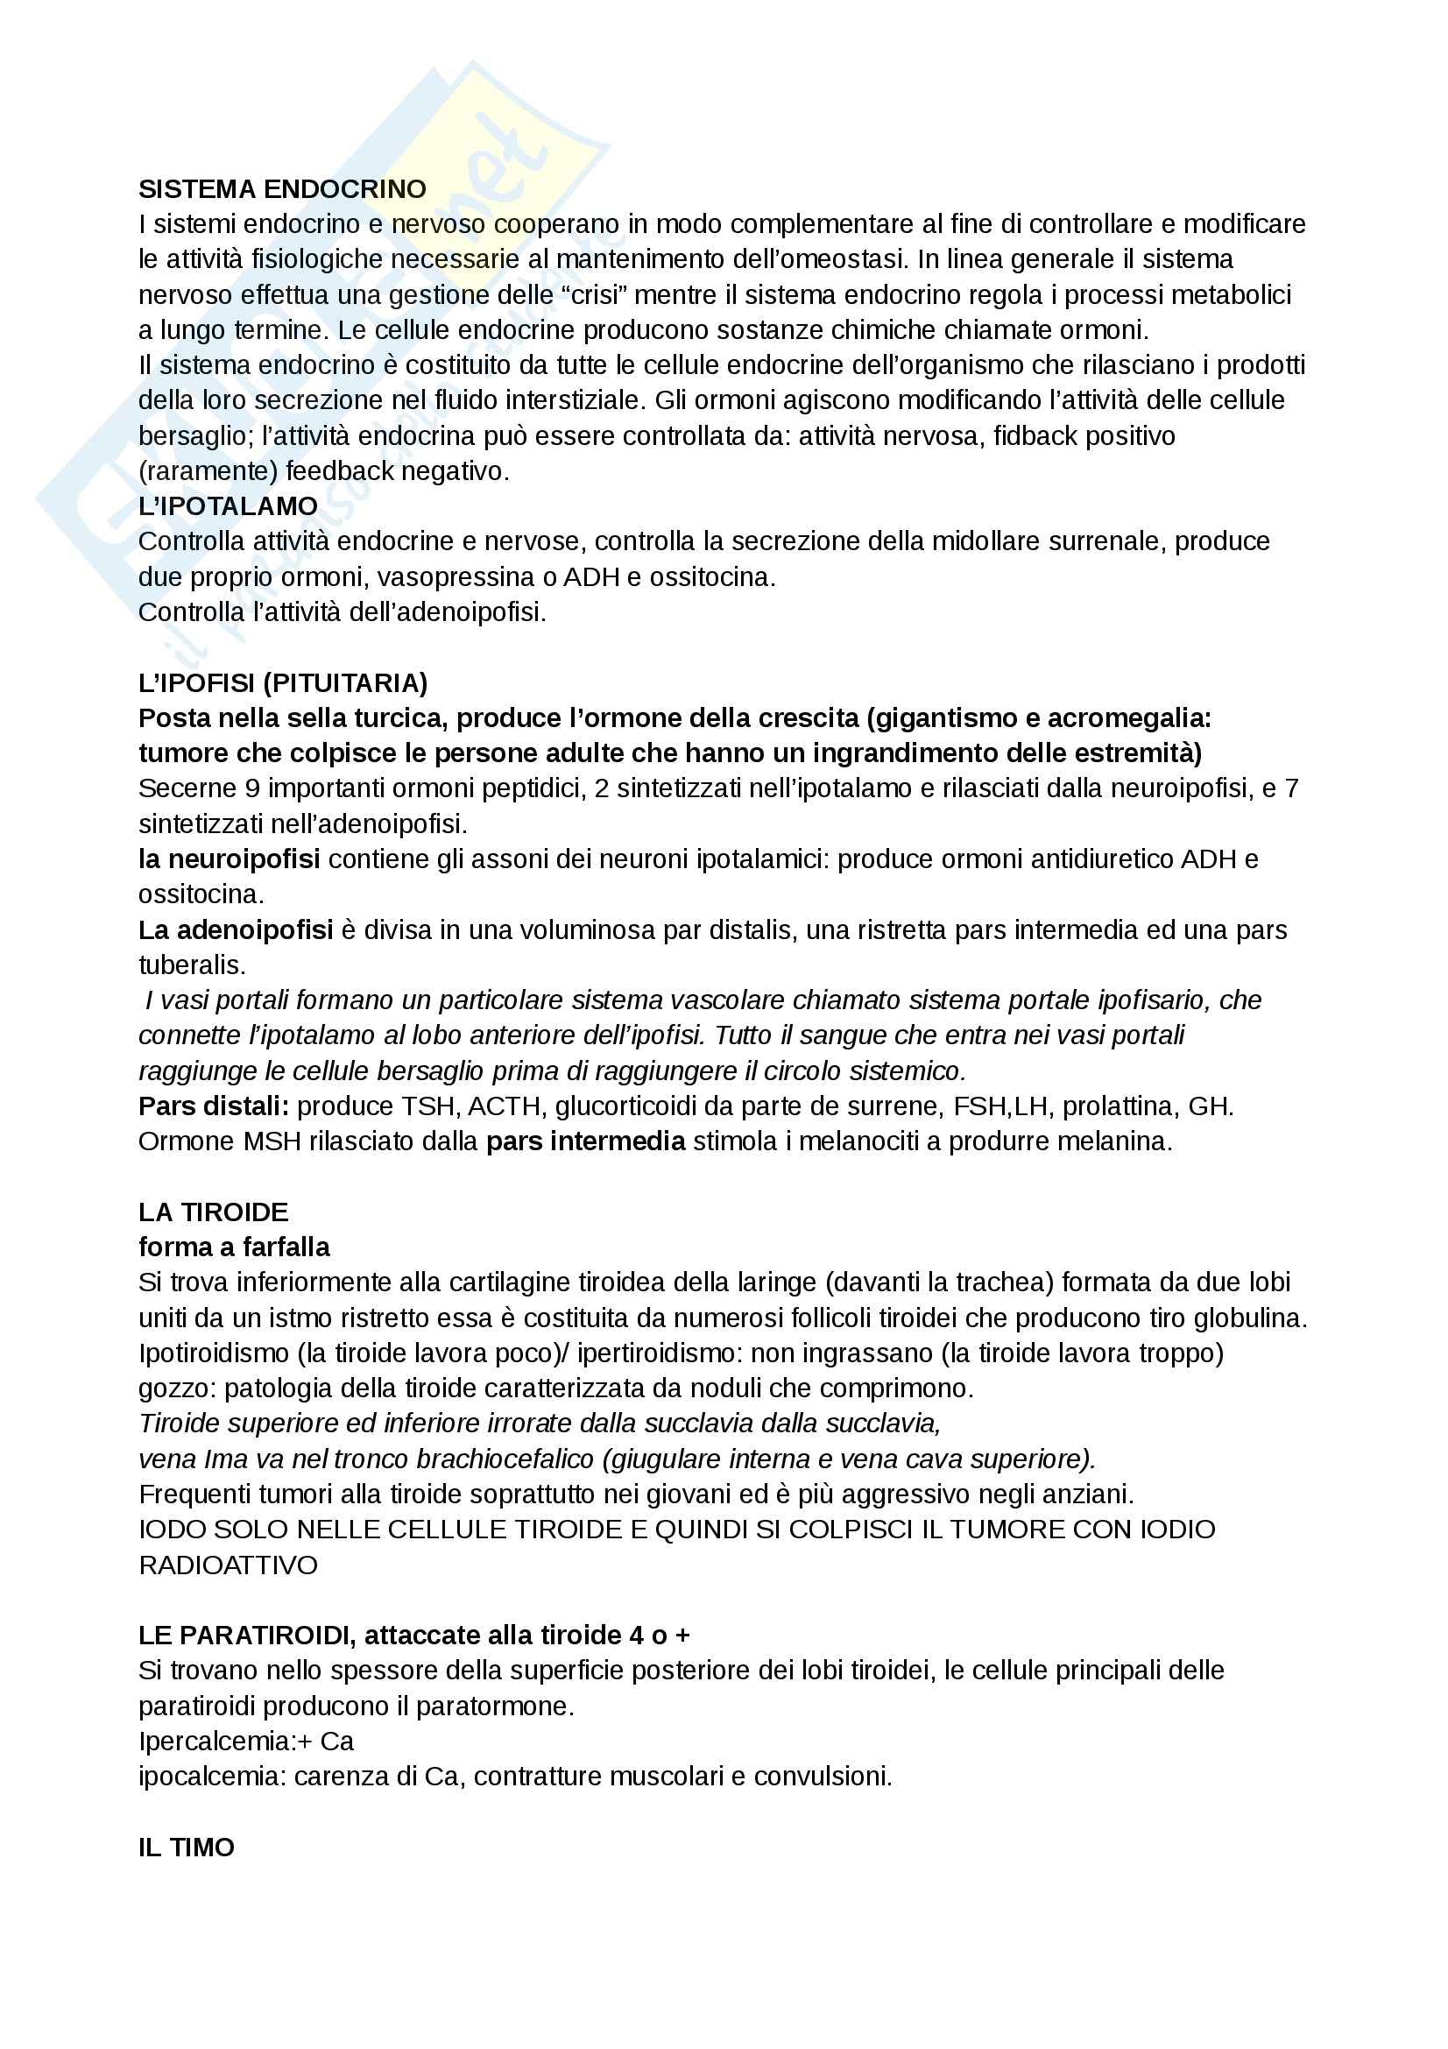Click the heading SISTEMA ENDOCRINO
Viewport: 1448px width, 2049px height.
pos(282,189)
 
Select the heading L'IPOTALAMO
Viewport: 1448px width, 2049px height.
pos(229,506)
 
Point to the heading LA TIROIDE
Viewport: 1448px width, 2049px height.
pos(213,1212)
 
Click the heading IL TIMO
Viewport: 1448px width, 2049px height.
pos(186,1847)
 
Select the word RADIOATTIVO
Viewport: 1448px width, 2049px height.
pos(229,1565)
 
